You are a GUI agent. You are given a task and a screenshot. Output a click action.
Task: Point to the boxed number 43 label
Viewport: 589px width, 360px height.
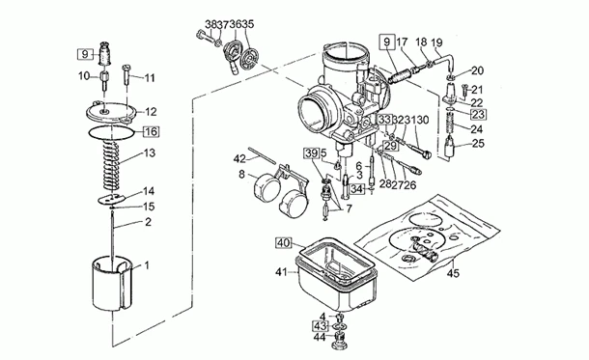pyautogui.click(x=320, y=325)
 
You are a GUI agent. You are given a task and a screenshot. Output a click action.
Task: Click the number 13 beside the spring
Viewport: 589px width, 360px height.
pyautogui.click(x=149, y=153)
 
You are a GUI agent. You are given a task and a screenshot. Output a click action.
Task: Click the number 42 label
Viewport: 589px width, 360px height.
pyautogui.click(x=239, y=158)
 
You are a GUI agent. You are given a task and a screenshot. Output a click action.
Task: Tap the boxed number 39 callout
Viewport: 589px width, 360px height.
pyautogui.click(x=311, y=153)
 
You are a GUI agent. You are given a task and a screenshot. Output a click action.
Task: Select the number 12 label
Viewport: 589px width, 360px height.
pyautogui.click(x=151, y=112)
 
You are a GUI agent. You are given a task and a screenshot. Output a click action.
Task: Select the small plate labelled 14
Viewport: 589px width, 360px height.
pyautogui.click(x=114, y=199)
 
